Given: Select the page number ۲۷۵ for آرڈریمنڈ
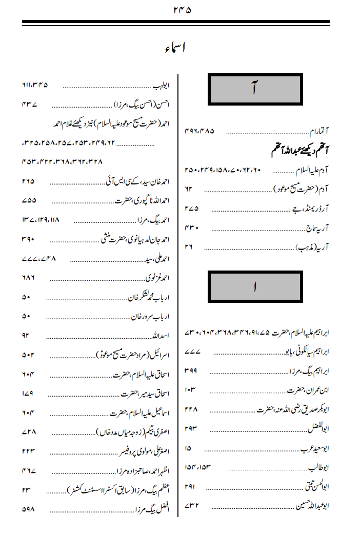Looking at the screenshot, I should tap(191, 209).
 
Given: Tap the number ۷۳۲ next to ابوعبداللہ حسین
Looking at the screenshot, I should tap(191, 507).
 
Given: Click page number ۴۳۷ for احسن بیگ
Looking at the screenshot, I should tap(30, 104).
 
